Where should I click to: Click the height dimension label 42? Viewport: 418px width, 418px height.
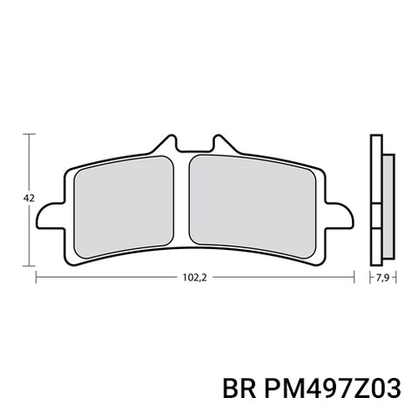(29, 199)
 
